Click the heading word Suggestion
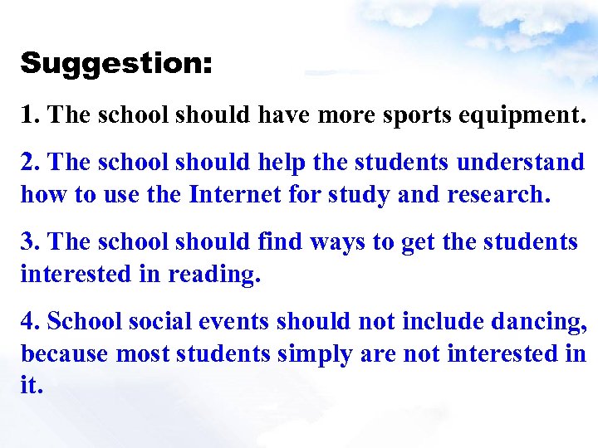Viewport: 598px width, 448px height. point(116,64)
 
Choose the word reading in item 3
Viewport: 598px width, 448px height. point(215,274)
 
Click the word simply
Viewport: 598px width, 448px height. point(318,354)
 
